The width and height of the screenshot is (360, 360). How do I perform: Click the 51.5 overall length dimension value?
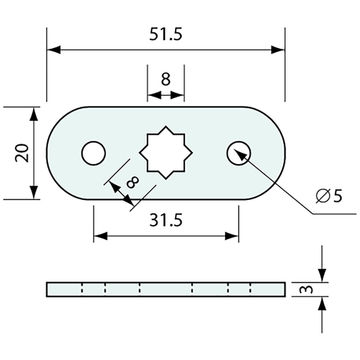[165, 34]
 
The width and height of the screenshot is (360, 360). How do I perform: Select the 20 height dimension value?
[20, 153]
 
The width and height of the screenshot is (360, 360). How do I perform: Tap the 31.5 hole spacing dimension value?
[165, 220]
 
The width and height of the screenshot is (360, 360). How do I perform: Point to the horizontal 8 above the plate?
[165, 79]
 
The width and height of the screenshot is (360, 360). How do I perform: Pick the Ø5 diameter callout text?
[329, 197]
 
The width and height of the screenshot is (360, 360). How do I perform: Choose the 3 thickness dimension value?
[305, 289]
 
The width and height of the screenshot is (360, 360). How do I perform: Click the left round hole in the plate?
[93, 153]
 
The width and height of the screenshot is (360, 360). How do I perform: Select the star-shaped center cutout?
[165, 153]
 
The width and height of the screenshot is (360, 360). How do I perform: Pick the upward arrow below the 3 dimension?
[322, 304]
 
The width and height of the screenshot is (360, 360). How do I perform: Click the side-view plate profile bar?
[165, 289]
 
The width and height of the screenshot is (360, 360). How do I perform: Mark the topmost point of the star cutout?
[165, 126]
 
